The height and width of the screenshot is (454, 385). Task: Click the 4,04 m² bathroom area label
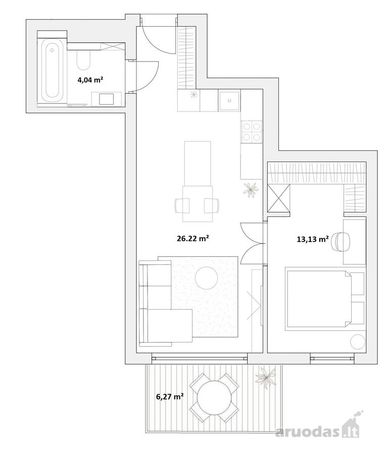pyautogui.click(x=90, y=80)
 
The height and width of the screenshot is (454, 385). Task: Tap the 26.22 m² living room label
pyautogui.click(x=193, y=238)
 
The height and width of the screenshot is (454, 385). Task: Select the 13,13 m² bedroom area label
pyautogui.click(x=313, y=239)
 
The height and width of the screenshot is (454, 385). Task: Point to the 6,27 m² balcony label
pyautogui.click(x=170, y=396)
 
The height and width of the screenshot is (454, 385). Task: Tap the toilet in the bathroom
pyautogui.click(x=83, y=60)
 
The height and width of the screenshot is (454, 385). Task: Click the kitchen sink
pyautogui.click(x=229, y=100)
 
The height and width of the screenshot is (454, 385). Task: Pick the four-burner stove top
pyautogui.click(x=251, y=132)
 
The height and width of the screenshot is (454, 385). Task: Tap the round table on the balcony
pyautogui.click(x=214, y=398)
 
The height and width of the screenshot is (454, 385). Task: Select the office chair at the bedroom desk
pyautogui.click(x=340, y=241)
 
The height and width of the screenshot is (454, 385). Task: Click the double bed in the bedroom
pyautogui.click(x=318, y=299)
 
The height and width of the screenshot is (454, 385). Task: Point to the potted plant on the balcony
pyautogui.click(x=265, y=377)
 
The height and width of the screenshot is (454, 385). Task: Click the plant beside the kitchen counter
pyautogui.click(x=250, y=190)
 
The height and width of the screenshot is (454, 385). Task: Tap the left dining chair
pyautogui.click(x=182, y=206)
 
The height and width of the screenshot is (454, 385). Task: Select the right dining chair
pyautogui.click(x=211, y=206)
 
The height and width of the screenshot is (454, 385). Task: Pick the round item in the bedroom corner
pyautogui.click(x=357, y=342)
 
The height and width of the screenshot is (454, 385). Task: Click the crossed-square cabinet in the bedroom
pyautogui.click(x=278, y=198)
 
